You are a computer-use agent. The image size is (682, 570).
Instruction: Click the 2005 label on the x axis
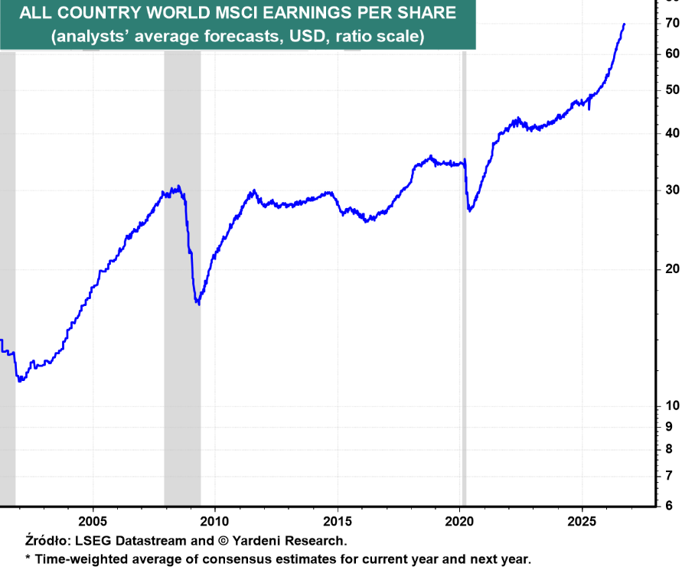pyautogui.click(x=93, y=521)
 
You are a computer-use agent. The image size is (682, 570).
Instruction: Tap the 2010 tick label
pyautogui.click(x=214, y=521)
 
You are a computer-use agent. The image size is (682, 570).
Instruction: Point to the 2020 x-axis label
pyautogui.click(x=459, y=521)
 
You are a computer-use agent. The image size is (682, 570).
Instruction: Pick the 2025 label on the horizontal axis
pyautogui.click(x=582, y=521)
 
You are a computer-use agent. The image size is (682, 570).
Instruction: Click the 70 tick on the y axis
pyautogui.click(x=672, y=23)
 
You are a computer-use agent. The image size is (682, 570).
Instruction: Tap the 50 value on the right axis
pyautogui.click(x=672, y=90)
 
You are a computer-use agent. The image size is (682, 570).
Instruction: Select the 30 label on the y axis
pyautogui.click(x=672, y=190)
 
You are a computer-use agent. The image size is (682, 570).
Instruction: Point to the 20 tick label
pyautogui.click(x=672, y=269)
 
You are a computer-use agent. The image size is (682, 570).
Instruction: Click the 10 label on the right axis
pyautogui.click(x=672, y=406)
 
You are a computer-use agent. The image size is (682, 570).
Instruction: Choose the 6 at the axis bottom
pyautogui.click(x=669, y=506)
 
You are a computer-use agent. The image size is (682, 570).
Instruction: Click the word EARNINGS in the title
pyautogui.click(x=308, y=12)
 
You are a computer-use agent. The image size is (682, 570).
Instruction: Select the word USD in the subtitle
pyautogui.click(x=308, y=36)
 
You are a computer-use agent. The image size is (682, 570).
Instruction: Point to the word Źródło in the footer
pyautogui.click(x=48, y=540)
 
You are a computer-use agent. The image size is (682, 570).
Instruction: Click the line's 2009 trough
pyautogui.click(x=199, y=303)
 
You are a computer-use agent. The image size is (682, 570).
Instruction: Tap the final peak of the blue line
pyautogui.click(x=624, y=24)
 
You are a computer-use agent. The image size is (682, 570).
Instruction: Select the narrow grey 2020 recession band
pyautogui.click(x=464, y=278)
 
